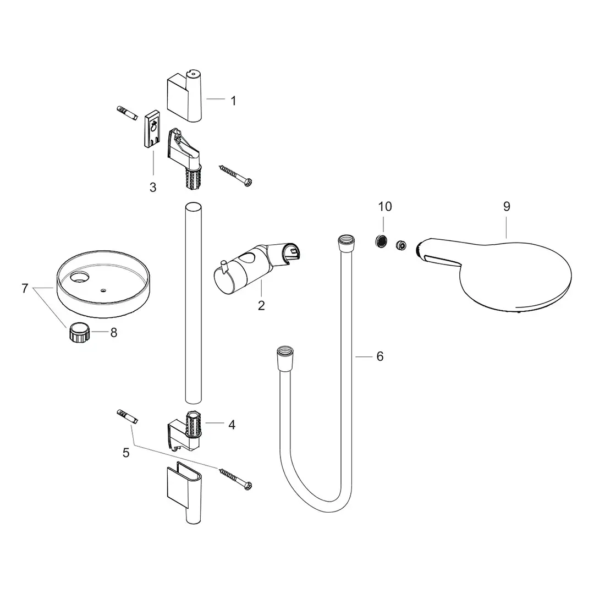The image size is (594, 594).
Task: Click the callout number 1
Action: point(233,101)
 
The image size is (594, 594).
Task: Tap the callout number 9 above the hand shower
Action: point(507,206)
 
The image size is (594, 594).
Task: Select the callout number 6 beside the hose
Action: point(380,356)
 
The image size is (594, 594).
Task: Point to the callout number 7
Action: point(25,288)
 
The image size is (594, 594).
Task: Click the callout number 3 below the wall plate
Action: point(153,188)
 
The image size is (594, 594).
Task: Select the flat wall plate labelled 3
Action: point(152,130)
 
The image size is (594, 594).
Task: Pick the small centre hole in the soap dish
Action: point(104,289)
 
